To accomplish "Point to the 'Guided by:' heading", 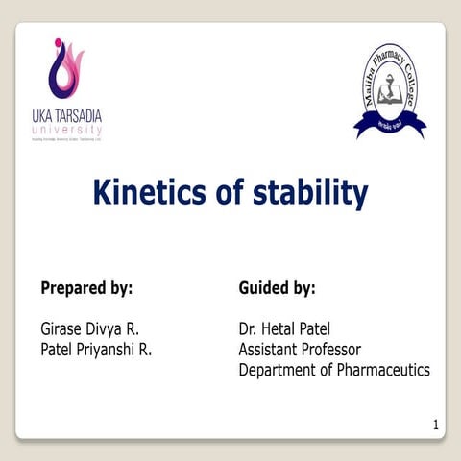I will click(x=277, y=287).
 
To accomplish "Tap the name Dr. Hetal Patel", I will click(x=284, y=329).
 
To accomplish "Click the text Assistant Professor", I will click(x=300, y=350).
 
